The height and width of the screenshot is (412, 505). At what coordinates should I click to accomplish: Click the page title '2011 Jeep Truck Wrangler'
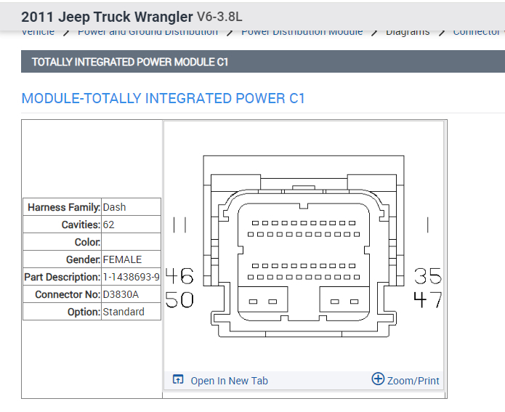pyautogui.click(x=107, y=17)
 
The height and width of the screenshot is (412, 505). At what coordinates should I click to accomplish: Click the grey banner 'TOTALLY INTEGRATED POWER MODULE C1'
pyautogui.click(x=130, y=62)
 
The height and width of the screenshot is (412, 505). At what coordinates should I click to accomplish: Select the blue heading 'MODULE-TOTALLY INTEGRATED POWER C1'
pyautogui.click(x=163, y=98)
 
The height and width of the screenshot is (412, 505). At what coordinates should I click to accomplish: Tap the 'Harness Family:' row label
pyautogui.click(x=64, y=207)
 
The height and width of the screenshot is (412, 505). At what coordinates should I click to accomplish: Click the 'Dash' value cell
pyautogui.click(x=114, y=207)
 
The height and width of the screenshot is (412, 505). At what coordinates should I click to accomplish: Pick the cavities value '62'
pyautogui.click(x=109, y=225)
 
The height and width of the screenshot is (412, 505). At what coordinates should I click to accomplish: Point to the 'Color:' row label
pyautogui.click(x=87, y=242)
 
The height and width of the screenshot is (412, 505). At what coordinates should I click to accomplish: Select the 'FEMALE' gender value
pyautogui.click(x=122, y=259)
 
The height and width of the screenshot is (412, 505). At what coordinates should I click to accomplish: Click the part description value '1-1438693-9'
pyautogui.click(x=132, y=277)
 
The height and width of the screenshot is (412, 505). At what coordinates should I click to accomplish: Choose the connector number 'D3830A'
pyautogui.click(x=121, y=294)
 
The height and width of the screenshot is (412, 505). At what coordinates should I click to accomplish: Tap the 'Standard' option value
pyautogui.click(x=124, y=312)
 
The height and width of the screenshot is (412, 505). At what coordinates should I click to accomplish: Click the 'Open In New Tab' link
pyautogui.click(x=228, y=381)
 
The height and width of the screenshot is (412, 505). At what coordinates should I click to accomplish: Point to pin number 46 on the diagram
pyautogui.click(x=179, y=276)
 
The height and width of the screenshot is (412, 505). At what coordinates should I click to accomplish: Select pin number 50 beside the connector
pyautogui.click(x=179, y=299)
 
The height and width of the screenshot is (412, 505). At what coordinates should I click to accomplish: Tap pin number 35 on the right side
pyautogui.click(x=428, y=276)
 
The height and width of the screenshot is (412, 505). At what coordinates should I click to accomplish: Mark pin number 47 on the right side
pyautogui.click(x=428, y=299)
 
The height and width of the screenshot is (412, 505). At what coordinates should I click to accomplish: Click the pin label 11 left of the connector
pyautogui.click(x=179, y=225)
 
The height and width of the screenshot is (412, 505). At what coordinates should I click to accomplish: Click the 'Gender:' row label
pyautogui.click(x=83, y=259)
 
